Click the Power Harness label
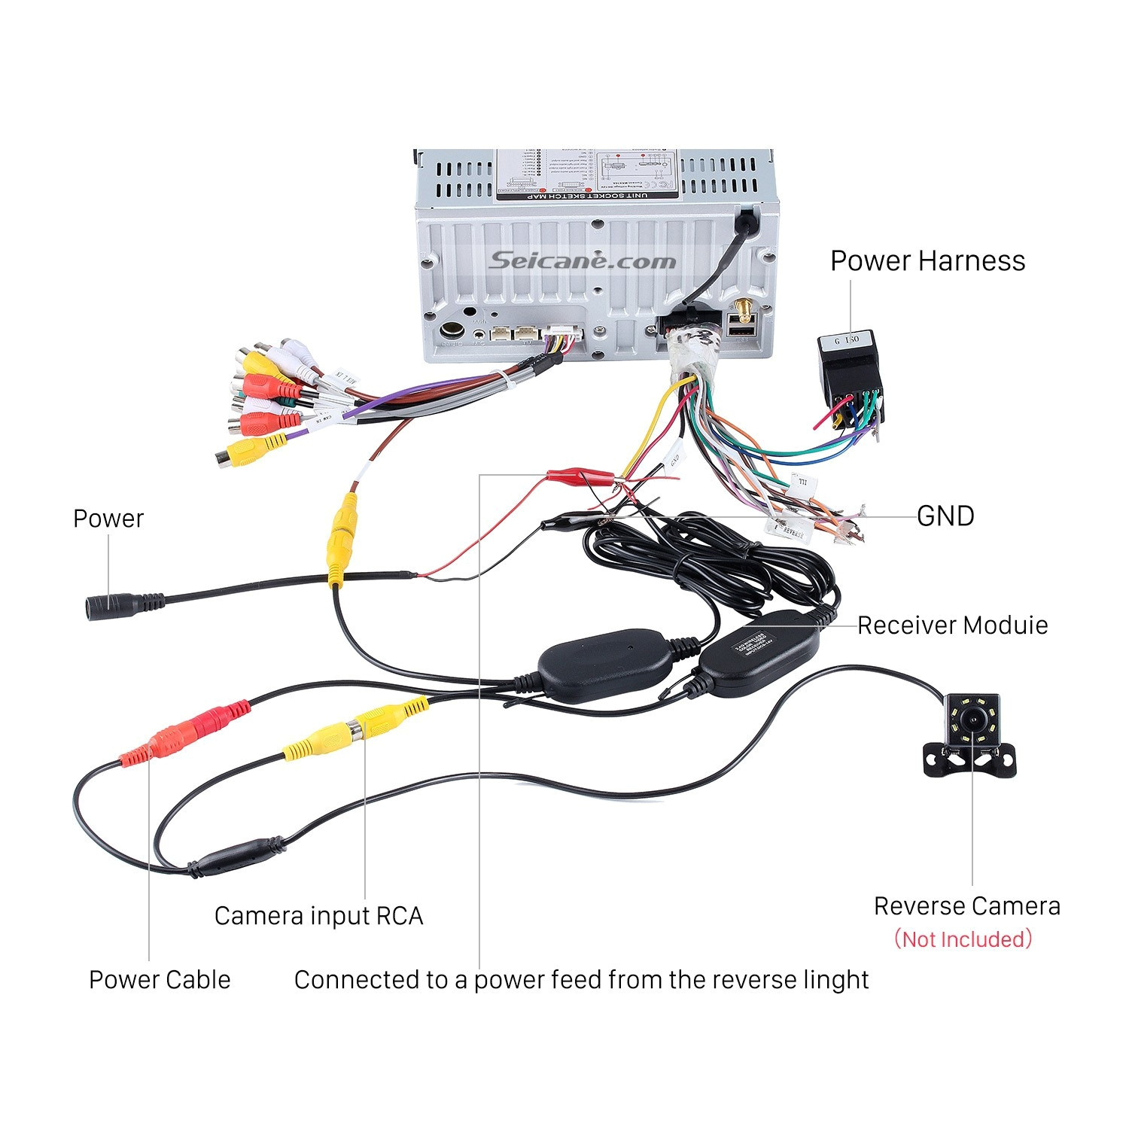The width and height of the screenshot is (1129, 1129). [927, 261]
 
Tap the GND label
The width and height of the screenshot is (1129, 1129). [945, 516]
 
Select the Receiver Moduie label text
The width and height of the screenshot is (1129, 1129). [952, 625]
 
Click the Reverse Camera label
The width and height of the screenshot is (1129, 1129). [966, 905]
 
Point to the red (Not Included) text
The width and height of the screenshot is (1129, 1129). [963, 939]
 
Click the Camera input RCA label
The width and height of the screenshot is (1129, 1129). [318, 915]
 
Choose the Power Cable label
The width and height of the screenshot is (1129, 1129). [160, 979]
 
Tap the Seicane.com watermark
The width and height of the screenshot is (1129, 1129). [583, 261]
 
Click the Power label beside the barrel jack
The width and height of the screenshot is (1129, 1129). [108, 519]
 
